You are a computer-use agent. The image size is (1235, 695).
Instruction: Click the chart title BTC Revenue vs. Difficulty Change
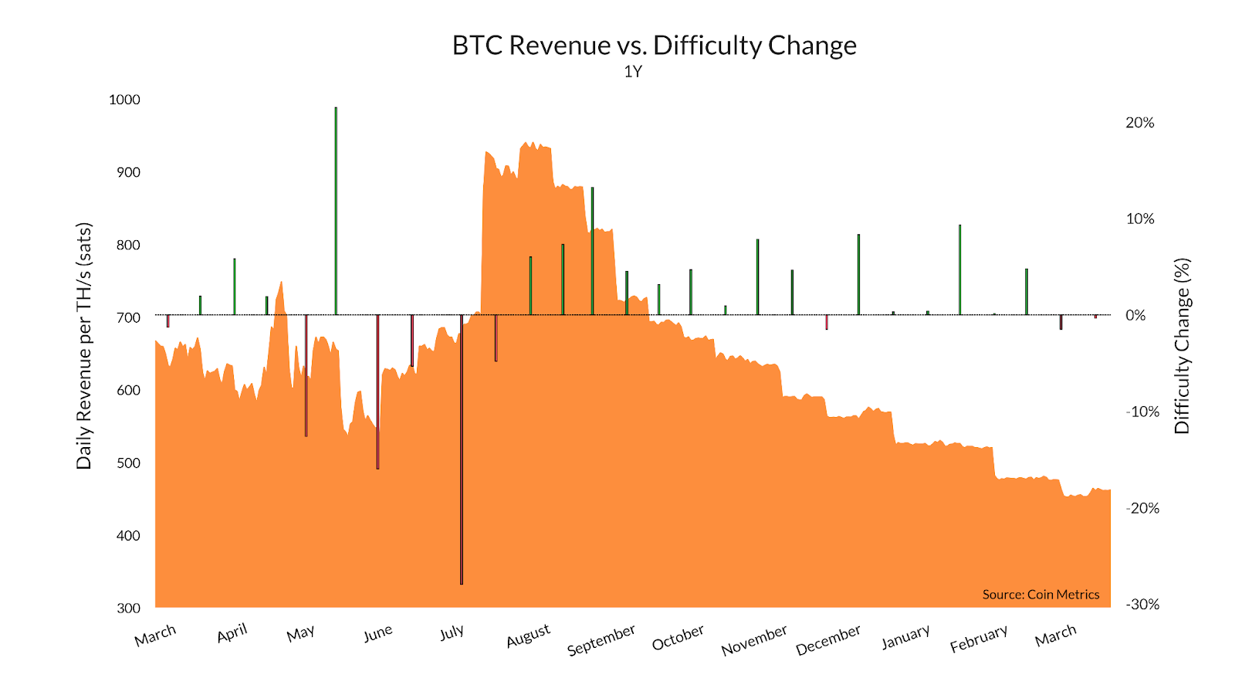[x=654, y=46]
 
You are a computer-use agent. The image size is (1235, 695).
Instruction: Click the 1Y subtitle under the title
[x=633, y=72]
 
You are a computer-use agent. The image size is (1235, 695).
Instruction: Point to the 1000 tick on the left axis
[x=124, y=100]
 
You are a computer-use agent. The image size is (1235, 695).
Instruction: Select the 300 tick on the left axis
[x=128, y=608]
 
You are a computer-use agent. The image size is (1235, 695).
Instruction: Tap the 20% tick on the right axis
[x=1140, y=123]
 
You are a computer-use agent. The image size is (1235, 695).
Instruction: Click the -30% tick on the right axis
[x=1142, y=605]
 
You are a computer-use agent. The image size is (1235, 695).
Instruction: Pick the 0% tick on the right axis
[x=1135, y=315]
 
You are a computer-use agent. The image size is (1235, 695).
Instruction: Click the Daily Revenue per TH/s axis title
[x=84, y=346]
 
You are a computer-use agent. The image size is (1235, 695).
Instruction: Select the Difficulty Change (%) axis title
[x=1182, y=346]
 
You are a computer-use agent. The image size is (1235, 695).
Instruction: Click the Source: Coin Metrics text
[x=1040, y=595]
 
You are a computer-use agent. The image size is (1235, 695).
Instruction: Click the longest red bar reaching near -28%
[x=462, y=448]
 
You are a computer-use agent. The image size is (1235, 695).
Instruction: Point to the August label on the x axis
[x=529, y=636]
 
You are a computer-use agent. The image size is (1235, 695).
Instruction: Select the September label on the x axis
[x=601, y=639]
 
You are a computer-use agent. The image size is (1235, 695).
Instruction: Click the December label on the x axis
[x=828, y=640]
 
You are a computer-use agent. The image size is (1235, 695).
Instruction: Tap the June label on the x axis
[x=378, y=634]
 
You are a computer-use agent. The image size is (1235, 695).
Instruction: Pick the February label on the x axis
[x=979, y=639]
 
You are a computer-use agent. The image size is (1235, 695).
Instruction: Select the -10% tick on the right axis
[x=1142, y=412]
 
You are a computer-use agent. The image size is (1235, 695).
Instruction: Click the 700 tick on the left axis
[x=128, y=317]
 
